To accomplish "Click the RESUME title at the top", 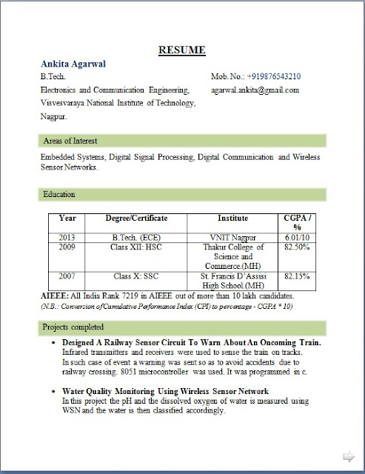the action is (x=181, y=50).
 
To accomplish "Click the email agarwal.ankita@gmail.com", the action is (x=255, y=90).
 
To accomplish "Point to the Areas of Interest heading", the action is (x=70, y=141).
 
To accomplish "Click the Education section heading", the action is (x=60, y=194).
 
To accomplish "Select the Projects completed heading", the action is (x=73, y=327).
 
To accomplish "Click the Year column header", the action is (x=67, y=218).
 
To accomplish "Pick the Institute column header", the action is (x=232, y=218).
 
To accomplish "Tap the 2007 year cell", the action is (x=67, y=276).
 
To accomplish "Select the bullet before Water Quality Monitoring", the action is (x=56, y=390).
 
